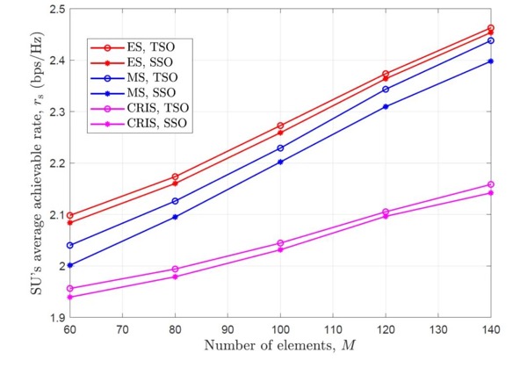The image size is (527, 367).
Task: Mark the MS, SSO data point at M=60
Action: tap(70, 265)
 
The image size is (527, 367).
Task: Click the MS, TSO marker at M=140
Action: tap(490, 40)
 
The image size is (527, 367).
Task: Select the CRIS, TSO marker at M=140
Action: tap(490, 184)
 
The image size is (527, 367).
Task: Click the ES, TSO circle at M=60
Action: tap(70, 215)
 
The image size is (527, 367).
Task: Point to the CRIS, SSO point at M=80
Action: tap(176, 277)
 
